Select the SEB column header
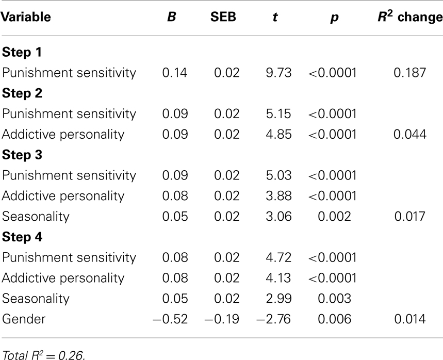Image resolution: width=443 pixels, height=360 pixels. pos(226,17)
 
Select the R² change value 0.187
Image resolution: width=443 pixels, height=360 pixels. pos(410,73)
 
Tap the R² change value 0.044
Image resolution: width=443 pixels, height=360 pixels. pos(410,135)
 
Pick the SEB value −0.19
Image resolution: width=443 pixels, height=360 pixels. pos(222,319)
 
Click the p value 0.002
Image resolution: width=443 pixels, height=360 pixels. pos(333,217)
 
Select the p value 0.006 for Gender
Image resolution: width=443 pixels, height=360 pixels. pos(333,319)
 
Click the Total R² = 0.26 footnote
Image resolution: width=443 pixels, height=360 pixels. pos(39,353)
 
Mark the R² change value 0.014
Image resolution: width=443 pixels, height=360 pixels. pos(410,319)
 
